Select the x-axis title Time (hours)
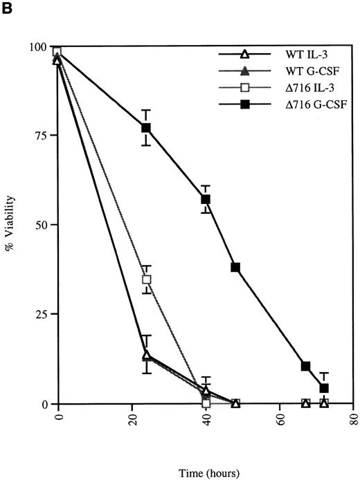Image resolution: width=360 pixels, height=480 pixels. (207, 473)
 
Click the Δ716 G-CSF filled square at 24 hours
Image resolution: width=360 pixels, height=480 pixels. (146, 128)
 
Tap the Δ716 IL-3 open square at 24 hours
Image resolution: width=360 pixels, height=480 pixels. (146, 280)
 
